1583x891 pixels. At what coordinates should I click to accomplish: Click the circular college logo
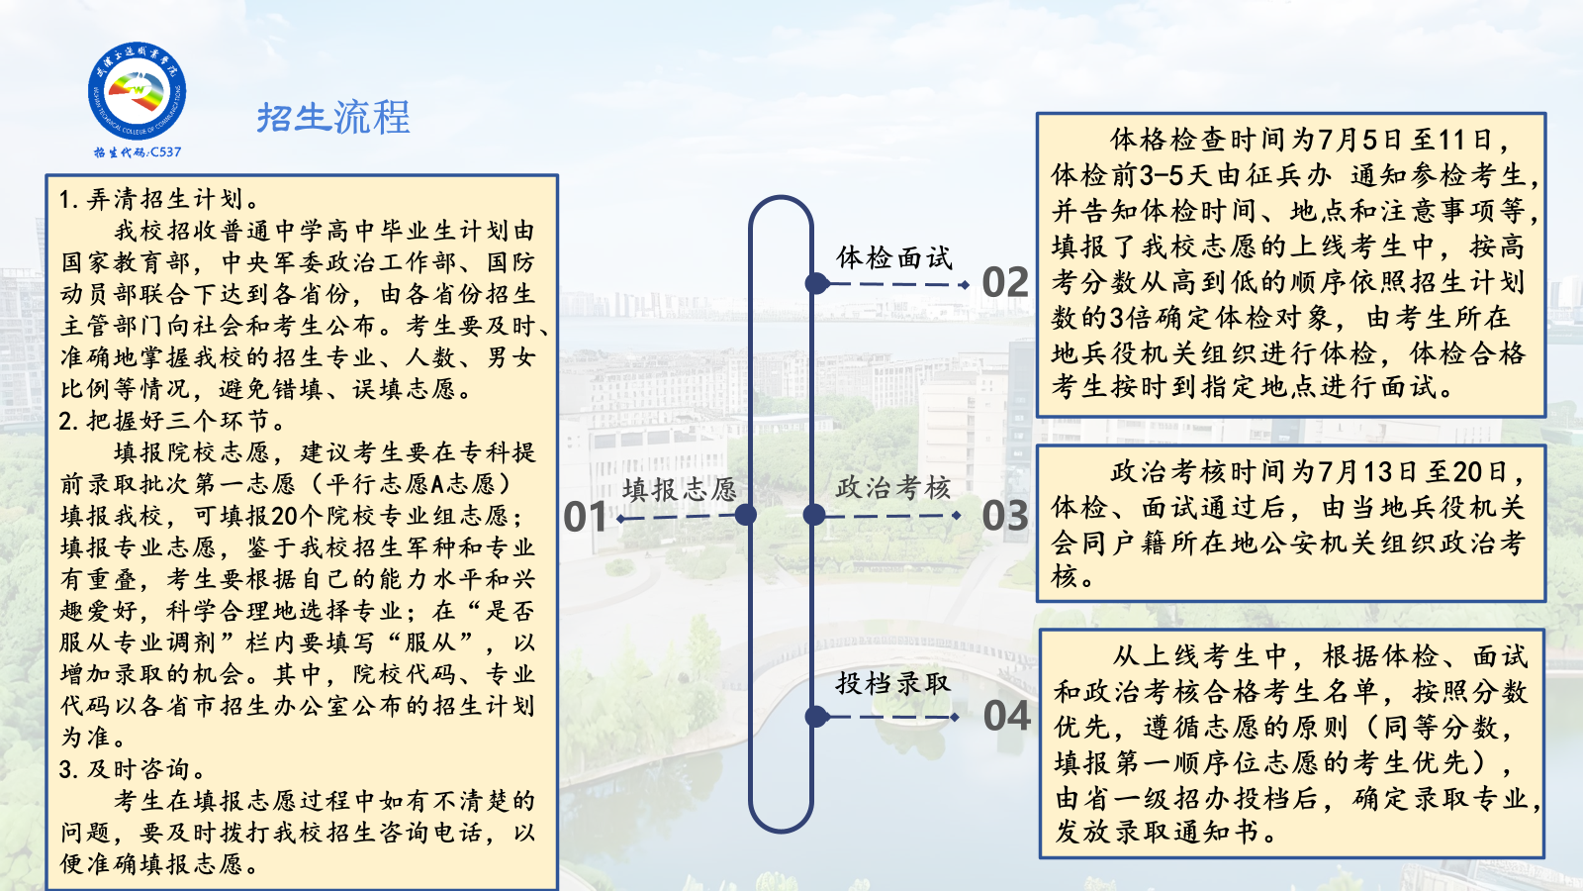[138, 90]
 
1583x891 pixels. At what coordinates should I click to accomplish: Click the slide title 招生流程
[333, 118]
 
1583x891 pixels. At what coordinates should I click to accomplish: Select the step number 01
[585, 516]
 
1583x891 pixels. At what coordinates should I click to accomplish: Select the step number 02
[1005, 283]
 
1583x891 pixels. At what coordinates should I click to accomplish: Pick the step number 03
[1005, 516]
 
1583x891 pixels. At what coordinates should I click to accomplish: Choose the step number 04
[1006, 716]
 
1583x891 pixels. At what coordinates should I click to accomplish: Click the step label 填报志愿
[679, 489]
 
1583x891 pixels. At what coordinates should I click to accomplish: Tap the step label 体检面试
[894, 258]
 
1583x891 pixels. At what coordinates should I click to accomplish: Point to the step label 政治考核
[893, 487]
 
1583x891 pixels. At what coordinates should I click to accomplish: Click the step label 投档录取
[893, 683]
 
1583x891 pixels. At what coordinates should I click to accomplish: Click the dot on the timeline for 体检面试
[817, 283]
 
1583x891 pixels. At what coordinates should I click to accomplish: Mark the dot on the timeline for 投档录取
[817, 717]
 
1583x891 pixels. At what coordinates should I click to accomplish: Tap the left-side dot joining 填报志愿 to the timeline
[746, 515]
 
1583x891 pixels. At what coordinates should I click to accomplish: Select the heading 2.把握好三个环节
[172, 422]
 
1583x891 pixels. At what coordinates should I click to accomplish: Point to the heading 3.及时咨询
[133, 769]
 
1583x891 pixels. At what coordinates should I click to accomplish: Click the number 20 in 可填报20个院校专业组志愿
[284, 516]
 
